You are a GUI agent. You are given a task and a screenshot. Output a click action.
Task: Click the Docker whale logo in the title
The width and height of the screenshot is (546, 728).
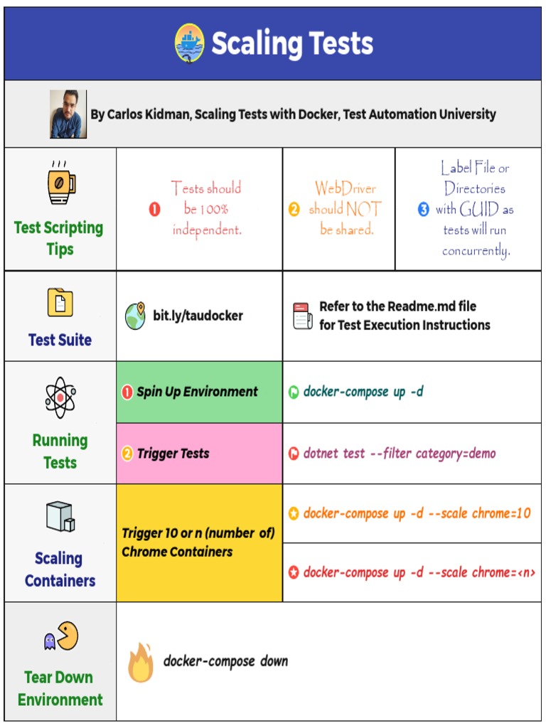(x=189, y=43)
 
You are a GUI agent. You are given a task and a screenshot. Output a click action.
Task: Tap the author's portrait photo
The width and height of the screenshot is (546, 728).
(x=68, y=114)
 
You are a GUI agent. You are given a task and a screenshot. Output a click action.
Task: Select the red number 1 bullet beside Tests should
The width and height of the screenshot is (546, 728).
(x=154, y=209)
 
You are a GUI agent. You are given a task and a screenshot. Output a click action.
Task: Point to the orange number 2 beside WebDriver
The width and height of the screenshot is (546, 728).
(x=294, y=210)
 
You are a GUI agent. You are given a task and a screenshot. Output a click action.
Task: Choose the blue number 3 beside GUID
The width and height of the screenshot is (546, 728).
(x=424, y=210)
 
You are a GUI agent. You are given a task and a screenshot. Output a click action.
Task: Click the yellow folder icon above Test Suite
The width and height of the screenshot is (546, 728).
(x=60, y=302)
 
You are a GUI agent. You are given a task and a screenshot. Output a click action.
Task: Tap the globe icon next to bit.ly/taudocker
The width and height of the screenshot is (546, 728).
(x=135, y=316)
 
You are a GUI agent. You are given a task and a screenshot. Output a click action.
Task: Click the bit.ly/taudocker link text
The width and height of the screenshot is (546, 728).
(x=198, y=316)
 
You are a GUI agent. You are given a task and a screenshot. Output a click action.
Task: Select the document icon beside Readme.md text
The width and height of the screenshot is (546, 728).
(x=303, y=316)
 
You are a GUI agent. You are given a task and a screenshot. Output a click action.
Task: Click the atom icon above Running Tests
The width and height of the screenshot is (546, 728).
(x=60, y=398)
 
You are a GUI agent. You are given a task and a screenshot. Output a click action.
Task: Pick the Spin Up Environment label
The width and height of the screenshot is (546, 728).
(x=197, y=392)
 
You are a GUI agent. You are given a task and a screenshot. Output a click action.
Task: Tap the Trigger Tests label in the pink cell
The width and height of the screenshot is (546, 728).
(x=173, y=454)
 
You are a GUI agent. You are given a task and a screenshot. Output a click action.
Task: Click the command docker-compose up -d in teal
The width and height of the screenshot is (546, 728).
(x=363, y=392)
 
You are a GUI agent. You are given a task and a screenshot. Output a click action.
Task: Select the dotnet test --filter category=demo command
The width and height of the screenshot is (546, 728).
(x=399, y=454)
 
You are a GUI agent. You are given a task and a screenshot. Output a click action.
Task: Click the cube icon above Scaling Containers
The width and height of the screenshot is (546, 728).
(x=60, y=517)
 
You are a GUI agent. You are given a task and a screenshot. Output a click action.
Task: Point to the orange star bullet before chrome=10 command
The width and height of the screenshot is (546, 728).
(x=294, y=513)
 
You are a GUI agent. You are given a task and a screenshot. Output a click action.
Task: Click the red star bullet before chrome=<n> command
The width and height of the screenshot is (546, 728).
(x=294, y=572)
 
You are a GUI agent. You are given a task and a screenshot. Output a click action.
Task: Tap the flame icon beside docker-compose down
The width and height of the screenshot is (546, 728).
(x=141, y=663)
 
